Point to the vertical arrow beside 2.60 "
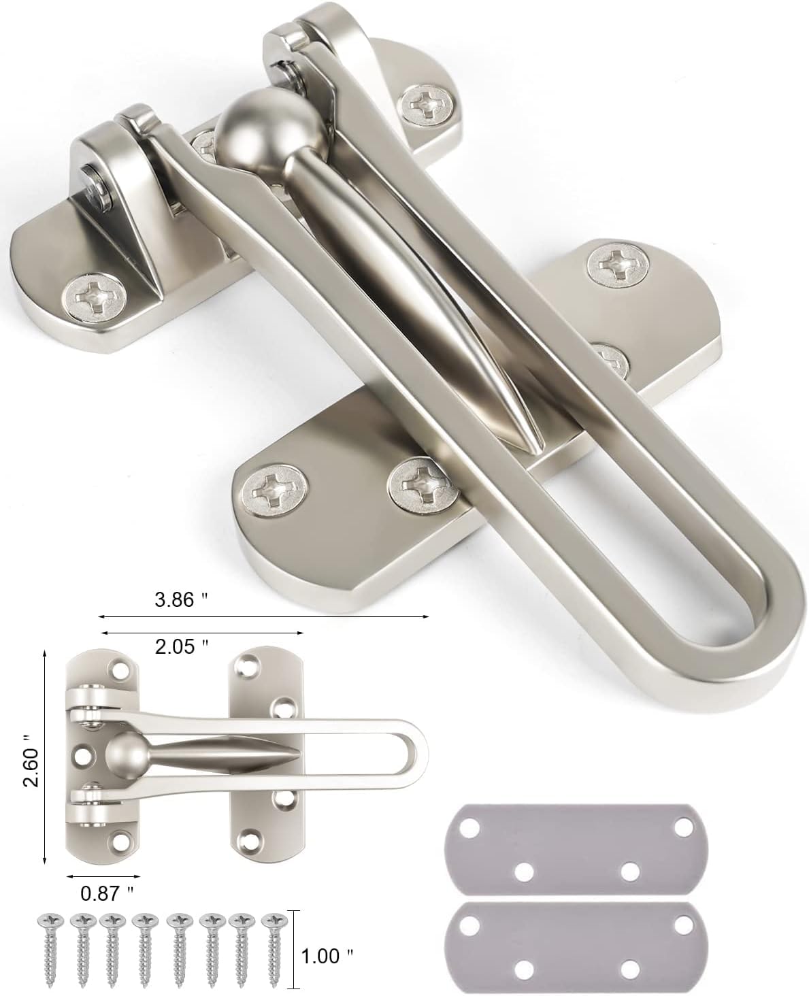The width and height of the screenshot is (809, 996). (45, 756)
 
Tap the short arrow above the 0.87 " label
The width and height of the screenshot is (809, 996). (103, 875)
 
